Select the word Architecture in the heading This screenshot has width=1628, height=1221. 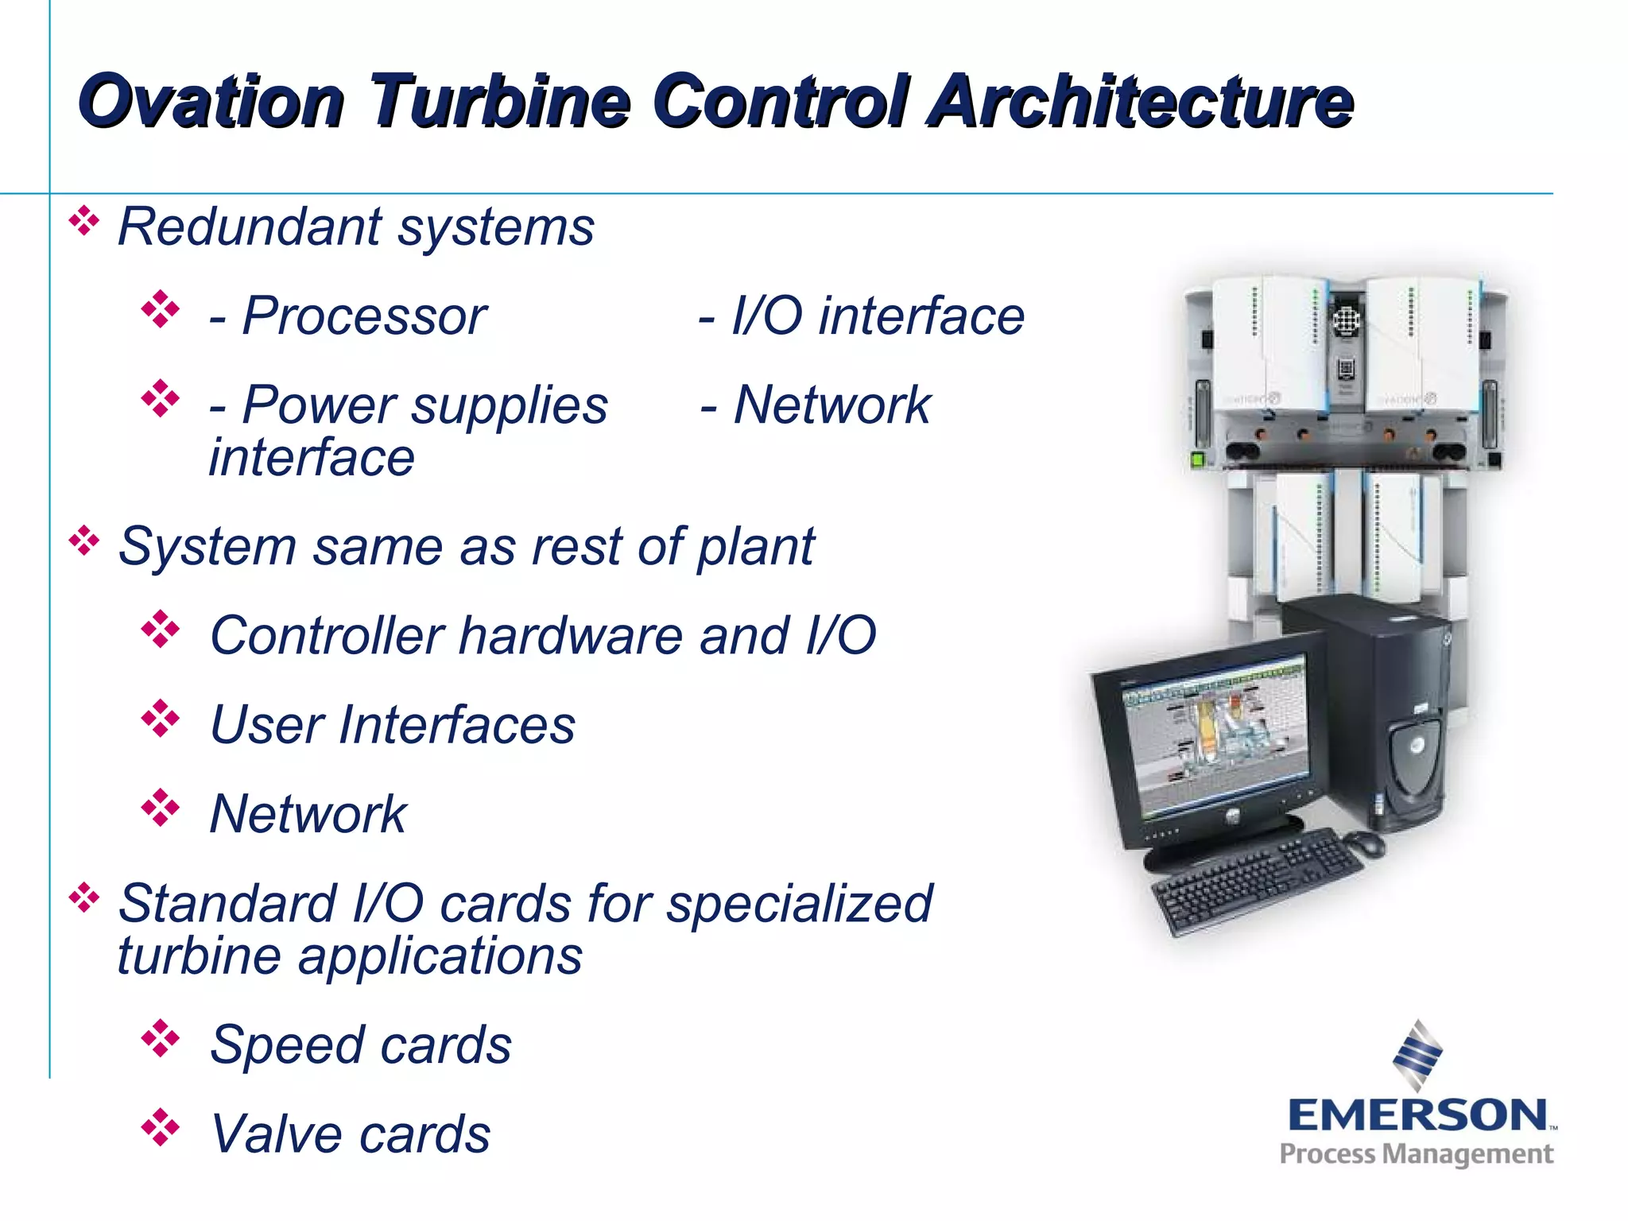click(1142, 102)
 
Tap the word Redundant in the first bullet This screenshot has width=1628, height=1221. click(250, 227)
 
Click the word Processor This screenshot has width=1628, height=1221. click(364, 316)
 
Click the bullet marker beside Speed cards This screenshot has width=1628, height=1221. click(161, 1039)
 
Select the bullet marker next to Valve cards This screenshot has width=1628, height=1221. click(161, 1128)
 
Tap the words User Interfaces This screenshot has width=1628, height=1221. click(393, 725)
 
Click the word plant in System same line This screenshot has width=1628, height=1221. click(755, 547)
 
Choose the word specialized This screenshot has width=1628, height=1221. click(799, 904)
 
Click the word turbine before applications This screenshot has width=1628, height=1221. click(199, 955)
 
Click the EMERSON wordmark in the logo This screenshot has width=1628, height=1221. click(1417, 1115)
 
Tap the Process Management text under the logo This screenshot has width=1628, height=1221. click(1416, 1154)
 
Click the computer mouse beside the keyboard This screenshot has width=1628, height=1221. click(1365, 843)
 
